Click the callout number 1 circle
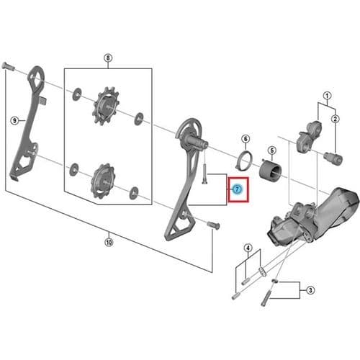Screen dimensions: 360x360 327,96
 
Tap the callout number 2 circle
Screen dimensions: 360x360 336,119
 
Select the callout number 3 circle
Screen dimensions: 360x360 310,290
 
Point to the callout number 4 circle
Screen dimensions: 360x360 248,248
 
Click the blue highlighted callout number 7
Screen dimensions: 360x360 237,189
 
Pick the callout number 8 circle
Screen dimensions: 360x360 108,58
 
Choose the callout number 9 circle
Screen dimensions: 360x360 14,120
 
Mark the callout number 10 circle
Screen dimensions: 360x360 109,242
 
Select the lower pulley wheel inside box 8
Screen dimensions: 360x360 102,181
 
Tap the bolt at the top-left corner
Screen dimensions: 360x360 8,66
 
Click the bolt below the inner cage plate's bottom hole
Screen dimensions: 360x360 213,225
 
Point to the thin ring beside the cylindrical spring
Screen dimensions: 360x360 243,159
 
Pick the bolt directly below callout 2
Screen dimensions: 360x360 333,158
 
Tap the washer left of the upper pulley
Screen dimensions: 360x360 76,94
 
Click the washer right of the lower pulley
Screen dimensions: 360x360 134,193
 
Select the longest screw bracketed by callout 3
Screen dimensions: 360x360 266,297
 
